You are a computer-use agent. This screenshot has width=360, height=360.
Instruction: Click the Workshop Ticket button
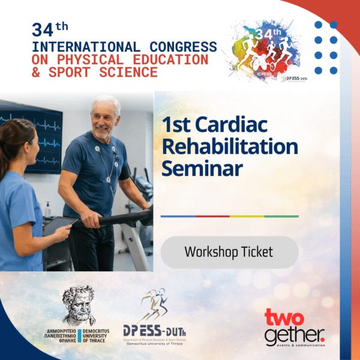[x=228, y=252]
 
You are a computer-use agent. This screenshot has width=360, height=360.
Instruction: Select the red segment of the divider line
[x=213, y=217]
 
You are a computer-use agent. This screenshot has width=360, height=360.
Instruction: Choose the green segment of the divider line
[x=281, y=217]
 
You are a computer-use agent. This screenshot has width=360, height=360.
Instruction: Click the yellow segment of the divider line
[x=247, y=217]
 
